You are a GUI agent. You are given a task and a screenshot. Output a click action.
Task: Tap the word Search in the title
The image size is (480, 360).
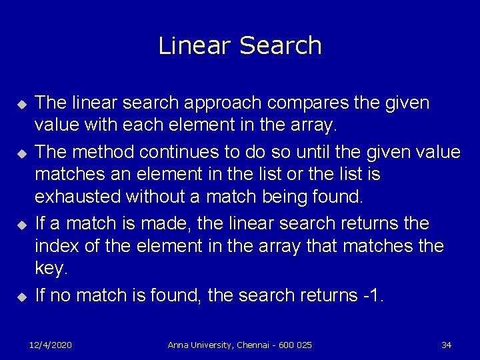click(x=280, y=45)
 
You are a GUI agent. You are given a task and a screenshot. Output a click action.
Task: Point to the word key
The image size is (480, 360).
click(x=51, y=270)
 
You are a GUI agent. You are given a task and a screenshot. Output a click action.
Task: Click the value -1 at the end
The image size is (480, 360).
click(x=371, y=294)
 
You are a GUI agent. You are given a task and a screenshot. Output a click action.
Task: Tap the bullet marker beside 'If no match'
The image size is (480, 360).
click(x=21, y=295)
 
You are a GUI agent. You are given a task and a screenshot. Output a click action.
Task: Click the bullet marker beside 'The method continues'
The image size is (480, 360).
click(x=21, y=153)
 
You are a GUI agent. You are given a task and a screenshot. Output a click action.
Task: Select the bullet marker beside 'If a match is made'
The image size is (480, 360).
click(x=21, y=224)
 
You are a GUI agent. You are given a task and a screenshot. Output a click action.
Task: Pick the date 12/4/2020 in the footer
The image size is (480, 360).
click(x=51, y=345)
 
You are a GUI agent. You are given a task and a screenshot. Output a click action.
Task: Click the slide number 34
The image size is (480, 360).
click(x=447, y=345)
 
